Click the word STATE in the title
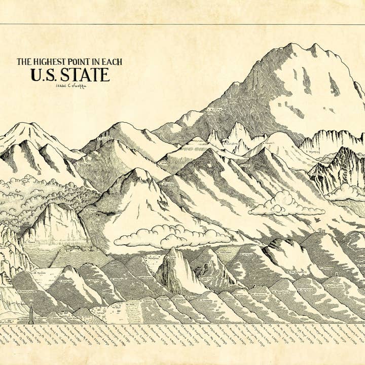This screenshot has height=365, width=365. click(85, 75)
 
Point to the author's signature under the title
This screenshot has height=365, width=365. click(69, 86)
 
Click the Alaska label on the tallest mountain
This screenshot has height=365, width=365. click(214, 109)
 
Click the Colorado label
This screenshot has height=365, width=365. click(105, 138)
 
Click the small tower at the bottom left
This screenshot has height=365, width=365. click(31, 313)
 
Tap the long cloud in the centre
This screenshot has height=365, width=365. click(172, 236)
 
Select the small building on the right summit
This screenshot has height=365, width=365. click(320, 231)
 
